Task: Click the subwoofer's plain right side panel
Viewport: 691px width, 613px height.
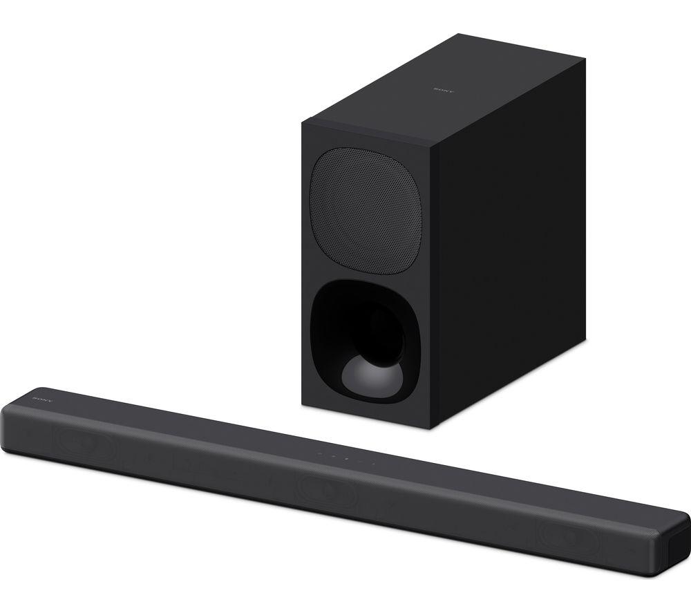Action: (511, 235)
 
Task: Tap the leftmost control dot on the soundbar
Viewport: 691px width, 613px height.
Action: (319, 454)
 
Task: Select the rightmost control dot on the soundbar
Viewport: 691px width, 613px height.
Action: (374, 462)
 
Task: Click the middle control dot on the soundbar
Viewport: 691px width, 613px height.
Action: (347, 458)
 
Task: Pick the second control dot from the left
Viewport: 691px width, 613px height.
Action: (333, 456)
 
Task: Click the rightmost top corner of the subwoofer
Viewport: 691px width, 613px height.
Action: (585, 60)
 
